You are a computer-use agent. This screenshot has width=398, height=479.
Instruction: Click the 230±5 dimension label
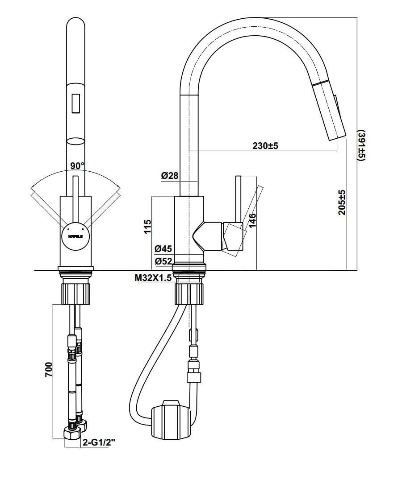265,146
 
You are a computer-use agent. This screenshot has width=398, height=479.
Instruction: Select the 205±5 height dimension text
342,203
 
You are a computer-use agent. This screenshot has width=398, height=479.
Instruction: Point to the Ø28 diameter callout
170,176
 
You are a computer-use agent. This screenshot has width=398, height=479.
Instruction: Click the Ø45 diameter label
163,249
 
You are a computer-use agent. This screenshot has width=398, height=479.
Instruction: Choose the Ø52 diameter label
163,261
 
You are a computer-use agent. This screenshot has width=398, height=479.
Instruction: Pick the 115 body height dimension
148,226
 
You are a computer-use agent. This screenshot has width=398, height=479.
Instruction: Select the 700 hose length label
49,369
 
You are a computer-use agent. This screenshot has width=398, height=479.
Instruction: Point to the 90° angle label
77,166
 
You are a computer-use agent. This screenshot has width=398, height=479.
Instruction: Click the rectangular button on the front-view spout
75,103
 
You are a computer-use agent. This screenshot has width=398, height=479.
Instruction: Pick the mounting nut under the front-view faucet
75,293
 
